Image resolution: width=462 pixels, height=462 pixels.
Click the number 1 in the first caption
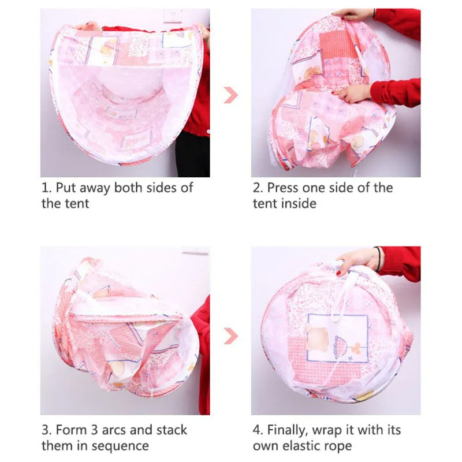(x=44, y=188)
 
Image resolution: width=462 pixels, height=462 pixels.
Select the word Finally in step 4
(x=288, y=430)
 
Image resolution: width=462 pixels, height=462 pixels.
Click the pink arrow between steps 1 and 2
(x=231, y=94)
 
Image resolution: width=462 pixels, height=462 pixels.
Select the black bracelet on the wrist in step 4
(x=378, y=258)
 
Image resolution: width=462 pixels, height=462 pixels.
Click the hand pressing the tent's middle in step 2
(x=353, y=92)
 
